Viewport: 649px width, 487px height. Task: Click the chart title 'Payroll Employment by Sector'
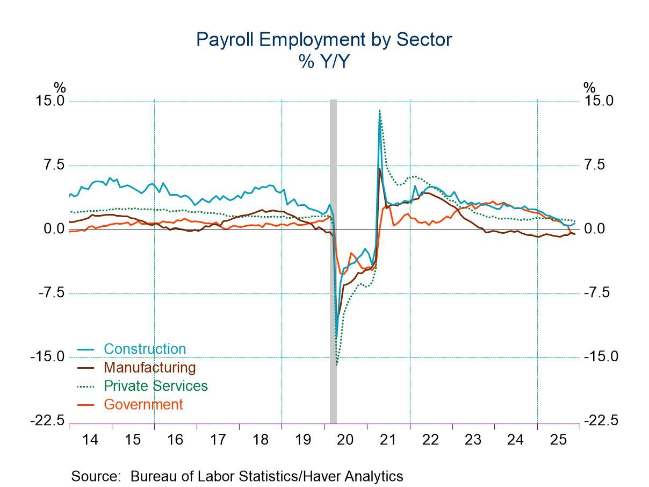point(324,39)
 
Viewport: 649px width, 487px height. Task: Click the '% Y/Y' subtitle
point(324,62)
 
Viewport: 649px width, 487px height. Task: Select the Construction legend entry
point(145,349)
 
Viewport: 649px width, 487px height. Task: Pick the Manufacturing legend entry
point(149,368)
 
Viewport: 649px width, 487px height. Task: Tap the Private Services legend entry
point(155,386)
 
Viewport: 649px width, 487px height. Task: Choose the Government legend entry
point(143,405)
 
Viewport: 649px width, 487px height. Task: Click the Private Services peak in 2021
point(379,110)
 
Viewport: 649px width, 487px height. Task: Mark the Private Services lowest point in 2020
point(337,365)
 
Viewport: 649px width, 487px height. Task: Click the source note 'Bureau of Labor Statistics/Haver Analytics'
point(267,476)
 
